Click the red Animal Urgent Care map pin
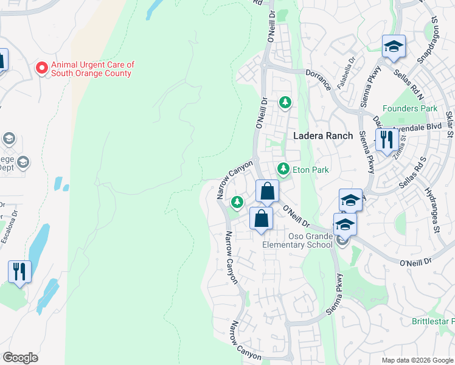tap(42, 68)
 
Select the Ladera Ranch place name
tap(323, 136)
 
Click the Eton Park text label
tap(311, 170)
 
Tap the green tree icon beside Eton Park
tap(282, 168)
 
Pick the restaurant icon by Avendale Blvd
tap(386, 140)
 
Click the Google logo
tap(21, 358)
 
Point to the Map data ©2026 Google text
tap(417, 360)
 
